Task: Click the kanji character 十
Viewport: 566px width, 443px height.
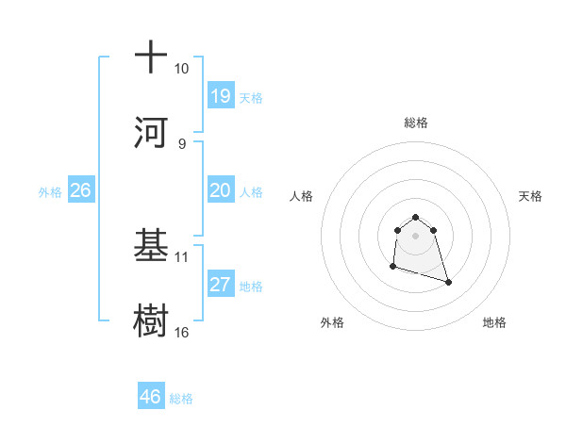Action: pyautogui.click(x=150, y=57)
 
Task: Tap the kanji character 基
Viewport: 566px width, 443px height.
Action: pyautogui.click(x=150, y=244)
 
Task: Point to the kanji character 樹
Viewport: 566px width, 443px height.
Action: pyautogui.click(x=150, y=319)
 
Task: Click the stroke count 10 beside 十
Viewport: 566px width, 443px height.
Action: pyautogui.click(x=181, y=69)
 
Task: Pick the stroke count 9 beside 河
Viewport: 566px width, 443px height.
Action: pyautogui.click(x=181, y=143)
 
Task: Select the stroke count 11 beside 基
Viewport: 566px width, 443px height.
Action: pyautogui.click(x=181, y=256)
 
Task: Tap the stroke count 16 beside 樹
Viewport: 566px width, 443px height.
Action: pyautogui.click(x=181, y=332)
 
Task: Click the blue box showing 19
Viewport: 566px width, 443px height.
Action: pyautogui.click(x=220, y=96)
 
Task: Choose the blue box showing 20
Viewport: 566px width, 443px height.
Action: pyautogui.click(x=220, y=190)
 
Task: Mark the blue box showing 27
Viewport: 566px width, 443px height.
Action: pyautogui.click(x=220, y=285)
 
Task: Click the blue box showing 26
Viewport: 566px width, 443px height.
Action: pyautogui.click(x=80, y=190)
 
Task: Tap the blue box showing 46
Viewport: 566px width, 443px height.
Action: pyautogui.click(x=150, y=397)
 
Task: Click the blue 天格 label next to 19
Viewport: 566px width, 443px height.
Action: pyautogui.click(x=251, y=97)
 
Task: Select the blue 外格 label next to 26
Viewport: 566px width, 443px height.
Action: pyautogui.click(x=50, y=191)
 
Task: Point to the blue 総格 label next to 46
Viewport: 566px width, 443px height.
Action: pyautogui.click(x=181, y=398)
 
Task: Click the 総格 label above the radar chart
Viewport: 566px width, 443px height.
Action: pyautogui.click(x=415, y=123)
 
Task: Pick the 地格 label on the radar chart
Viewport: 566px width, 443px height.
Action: pyautogui.click(x=494, y=322)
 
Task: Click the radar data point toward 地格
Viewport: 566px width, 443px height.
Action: pyautogui.click(x=448, y=282)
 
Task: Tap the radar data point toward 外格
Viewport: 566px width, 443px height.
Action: pyautogui.click(x=392, y=267)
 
